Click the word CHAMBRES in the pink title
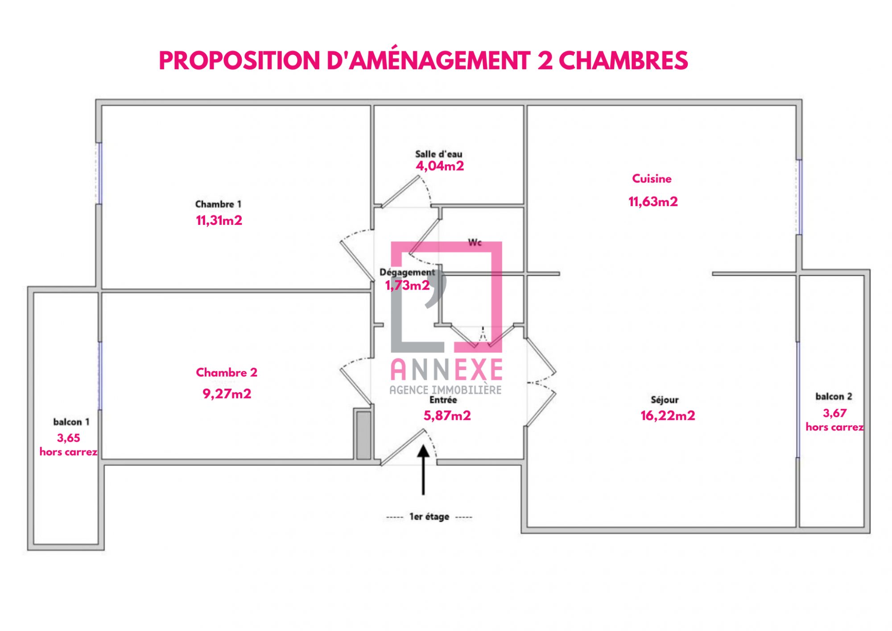coord(623,60)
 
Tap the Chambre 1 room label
coord(218,204)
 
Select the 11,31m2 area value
coord(219,220)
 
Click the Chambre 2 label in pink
coord(227,372)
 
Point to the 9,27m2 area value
coord(227,394)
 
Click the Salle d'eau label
coord(439,154)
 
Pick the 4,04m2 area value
coord(440,166)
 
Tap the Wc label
coord(475,242)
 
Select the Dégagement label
coord(407,272)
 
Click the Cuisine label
coord(652,179)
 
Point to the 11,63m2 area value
coord(653,202)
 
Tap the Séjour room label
coord(665,400)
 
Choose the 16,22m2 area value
coord(668,415)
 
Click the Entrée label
coord(443,400)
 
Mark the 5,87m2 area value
coord(447,415)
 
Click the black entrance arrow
coord(423,470)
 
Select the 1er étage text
coord(429,517)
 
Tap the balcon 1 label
coord(71,422)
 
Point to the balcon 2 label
coord(834,396)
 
